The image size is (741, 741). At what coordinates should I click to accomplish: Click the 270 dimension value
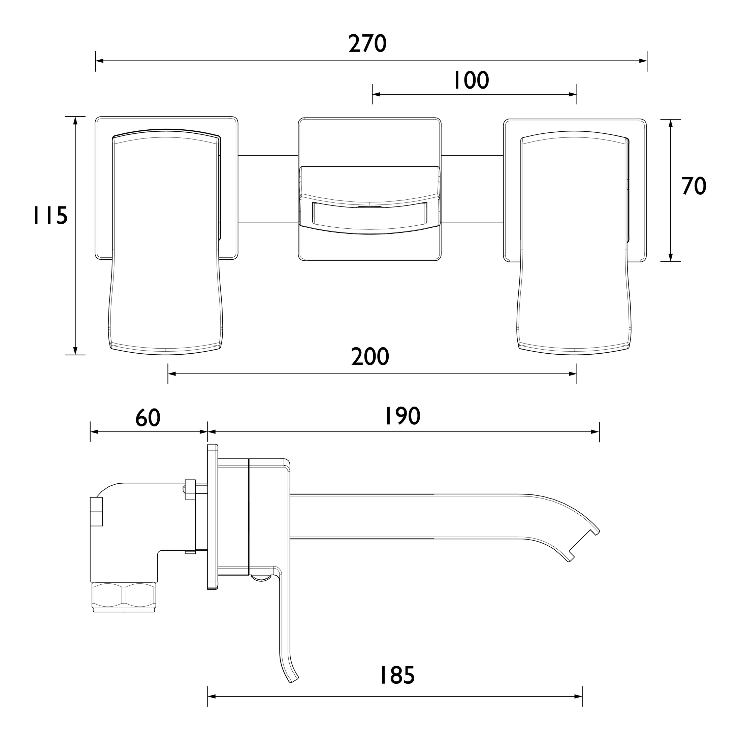(367, 44)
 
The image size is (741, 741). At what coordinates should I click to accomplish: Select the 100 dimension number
(471, 80)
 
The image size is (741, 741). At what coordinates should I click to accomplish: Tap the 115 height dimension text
(50, 216)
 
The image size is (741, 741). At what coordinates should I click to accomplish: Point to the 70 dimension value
(694, 186)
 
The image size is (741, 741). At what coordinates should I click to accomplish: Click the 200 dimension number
(370, 357)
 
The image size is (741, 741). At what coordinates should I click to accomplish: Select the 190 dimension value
(402, 416)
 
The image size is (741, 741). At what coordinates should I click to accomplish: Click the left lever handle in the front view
(166, 241)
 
